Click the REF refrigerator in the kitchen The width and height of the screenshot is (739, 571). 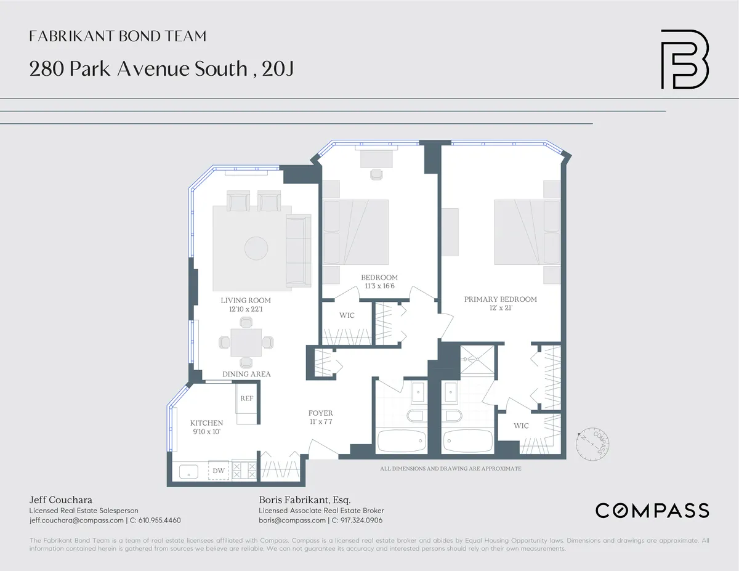pyautogui.click(x=246, y=399)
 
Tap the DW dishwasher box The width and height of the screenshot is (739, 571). pyautogui.click(x=219, y=471)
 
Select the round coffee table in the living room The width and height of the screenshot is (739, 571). pyautogui.click(x=256, y=249)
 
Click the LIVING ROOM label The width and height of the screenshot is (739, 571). pyautogui.click(x=246, y=301)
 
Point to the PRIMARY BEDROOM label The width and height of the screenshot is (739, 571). pyautogui.click(x=500, y=299)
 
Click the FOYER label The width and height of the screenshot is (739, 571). pyautogui.click(x=321, y=413)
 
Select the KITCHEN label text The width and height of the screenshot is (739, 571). pyautogui.click(x=206, y=423)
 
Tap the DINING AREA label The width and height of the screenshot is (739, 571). pyautogui.click(x=246, y=374)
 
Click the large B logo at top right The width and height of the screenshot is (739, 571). pyautogui.click(x=684, y=59)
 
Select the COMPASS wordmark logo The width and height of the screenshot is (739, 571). pyautogui.click(x=652, y=511)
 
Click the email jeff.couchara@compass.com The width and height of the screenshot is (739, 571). pyautogui.click(x=76, y=520)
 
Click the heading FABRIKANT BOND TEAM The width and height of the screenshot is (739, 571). pyautogui.click(x=118, y=37)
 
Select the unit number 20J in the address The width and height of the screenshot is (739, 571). pyautogui.click(x=277, y=69)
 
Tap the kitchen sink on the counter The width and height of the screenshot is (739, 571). pyautogui.click(x=188, y=472)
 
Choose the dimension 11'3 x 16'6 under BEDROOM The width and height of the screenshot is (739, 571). pyautogui.click(x=379, y=286)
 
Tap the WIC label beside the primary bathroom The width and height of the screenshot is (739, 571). pyautogui.click(x=521, y=426)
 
